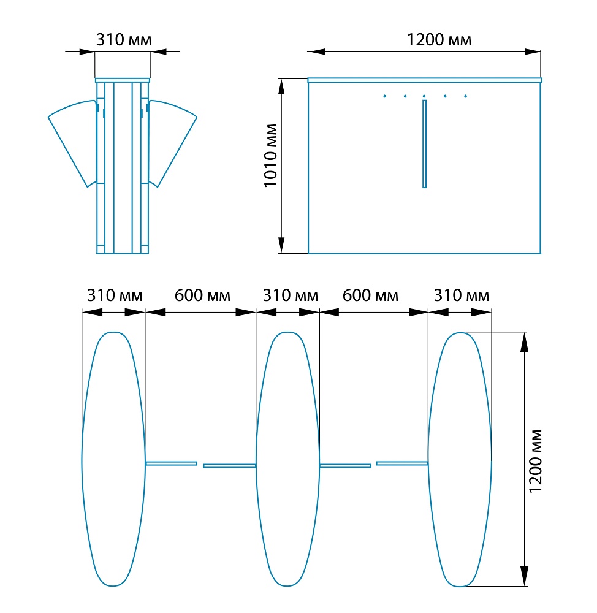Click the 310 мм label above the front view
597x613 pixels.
124,40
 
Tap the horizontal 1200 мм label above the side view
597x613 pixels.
439,40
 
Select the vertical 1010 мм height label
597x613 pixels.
270,156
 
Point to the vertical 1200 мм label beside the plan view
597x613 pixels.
535,461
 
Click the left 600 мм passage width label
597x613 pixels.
202,295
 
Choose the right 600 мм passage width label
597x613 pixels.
370,295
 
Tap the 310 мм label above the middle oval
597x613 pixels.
290,295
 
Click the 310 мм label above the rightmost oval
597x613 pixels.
462,295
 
